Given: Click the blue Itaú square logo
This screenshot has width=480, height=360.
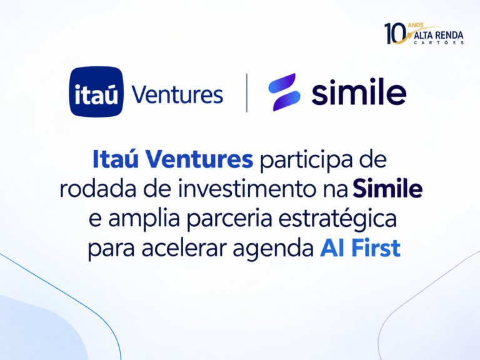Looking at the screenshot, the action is pos(96,91).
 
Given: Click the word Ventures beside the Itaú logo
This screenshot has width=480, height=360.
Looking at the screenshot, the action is pos(177,94).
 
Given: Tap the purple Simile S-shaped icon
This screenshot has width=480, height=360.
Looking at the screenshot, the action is pos(284,92).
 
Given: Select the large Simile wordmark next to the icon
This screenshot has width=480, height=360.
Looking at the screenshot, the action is pos(359,91).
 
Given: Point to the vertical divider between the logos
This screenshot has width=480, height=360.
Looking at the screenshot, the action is pos(247,92).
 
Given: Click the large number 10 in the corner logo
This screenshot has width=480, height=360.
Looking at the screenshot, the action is pos(395,33).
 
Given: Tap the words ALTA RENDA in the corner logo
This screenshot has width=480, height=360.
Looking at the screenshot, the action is pos(438,36).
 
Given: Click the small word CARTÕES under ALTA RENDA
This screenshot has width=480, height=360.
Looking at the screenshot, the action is pos(439,42).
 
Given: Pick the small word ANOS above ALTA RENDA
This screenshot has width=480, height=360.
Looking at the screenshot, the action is pos(416,25).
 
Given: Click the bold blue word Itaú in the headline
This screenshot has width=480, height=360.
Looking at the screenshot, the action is pos(116,159).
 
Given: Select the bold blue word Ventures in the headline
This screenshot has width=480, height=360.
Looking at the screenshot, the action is pos(199,159).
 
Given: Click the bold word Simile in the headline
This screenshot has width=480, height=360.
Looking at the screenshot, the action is pos(387,189).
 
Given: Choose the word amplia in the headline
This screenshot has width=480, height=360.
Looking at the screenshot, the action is pos(144,220).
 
